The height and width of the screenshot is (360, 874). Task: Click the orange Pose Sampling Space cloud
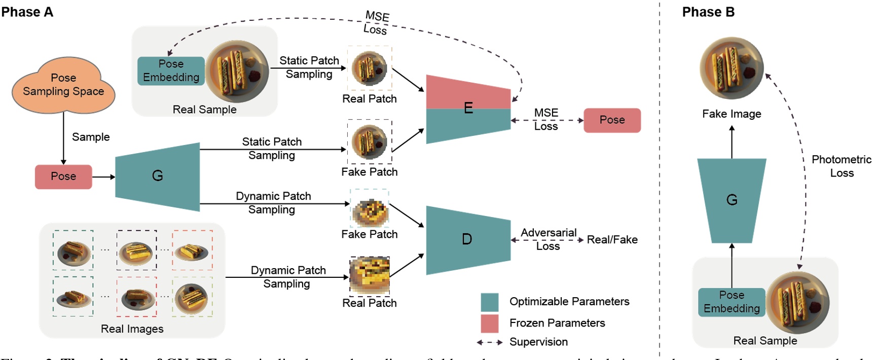click(63, 85)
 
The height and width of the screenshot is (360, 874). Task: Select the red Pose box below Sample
click(63, 176)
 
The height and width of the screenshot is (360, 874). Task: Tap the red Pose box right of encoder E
click(612, 120)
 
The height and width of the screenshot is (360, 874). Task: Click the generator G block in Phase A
click(157, 176)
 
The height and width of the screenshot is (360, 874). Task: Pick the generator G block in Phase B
click(732, 200)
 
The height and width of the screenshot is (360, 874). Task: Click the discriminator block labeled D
click(467, 240)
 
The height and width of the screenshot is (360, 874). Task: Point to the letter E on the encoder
click(468, 108)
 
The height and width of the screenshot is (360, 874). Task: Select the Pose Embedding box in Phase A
click(171, 71)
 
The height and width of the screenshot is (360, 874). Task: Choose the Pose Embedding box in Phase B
click(732, 302)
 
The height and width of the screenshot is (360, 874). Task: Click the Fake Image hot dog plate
click(732, 68)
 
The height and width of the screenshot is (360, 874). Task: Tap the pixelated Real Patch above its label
click(370, 276)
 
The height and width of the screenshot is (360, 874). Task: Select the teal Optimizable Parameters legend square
click(490, 302)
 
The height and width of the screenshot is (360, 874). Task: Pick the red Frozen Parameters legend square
click(490, 323)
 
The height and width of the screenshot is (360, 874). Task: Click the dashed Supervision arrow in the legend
click(490, 342)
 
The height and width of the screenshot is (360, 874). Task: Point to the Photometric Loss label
click(841, 166)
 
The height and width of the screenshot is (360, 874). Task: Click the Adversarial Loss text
click(548, 239)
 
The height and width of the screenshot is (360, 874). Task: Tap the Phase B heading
click(708, 12)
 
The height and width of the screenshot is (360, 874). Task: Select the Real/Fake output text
click(612, 240)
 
